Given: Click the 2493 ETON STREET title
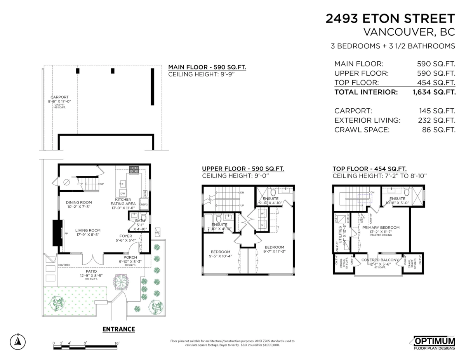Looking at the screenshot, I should click(x=390, y=19).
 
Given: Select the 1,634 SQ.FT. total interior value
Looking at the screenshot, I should click(x=433, y=92).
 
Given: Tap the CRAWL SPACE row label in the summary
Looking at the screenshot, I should click(x=362, y=130).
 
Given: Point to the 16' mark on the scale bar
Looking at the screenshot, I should click(x=116, y=343).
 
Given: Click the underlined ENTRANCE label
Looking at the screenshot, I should click(x=118, y=329).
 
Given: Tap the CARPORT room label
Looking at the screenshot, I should click(x=59, y=97).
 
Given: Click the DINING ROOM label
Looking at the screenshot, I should click(x=79, y=202).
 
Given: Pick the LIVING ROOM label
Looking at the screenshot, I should click(x=88, y=230).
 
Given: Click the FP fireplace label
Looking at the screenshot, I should click(x=66, y=234).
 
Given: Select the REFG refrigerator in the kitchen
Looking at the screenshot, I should click(x=144, y=204).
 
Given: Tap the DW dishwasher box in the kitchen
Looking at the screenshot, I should click(x=122, y=193).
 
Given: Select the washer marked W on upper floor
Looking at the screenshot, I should click(x=262, y=214).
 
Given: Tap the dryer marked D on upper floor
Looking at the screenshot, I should click(x=262, y=224).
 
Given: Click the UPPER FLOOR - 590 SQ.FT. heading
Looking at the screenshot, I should click(x=243, y=169).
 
